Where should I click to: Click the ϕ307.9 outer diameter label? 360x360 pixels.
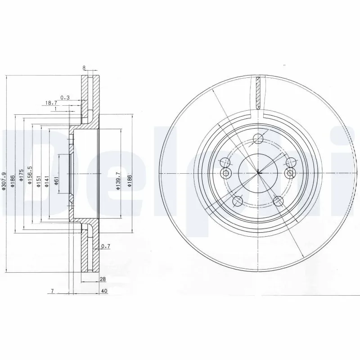point(4,183)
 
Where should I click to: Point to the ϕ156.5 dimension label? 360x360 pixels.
point(30,173)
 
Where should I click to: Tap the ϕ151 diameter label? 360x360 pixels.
point(38,179)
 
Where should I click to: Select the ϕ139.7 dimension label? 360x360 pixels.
point(118,181)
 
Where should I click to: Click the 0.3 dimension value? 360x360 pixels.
point(65,97)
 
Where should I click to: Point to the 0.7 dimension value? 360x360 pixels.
point(106,246)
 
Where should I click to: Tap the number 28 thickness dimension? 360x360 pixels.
point(103,279)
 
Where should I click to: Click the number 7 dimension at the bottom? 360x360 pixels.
point(52,292)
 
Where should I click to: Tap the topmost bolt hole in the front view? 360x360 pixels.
point(258,139)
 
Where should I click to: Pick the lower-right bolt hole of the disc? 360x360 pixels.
point(278,200)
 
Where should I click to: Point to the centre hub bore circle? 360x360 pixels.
point(258,173)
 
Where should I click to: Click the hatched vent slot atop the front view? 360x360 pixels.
point(258,94)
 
